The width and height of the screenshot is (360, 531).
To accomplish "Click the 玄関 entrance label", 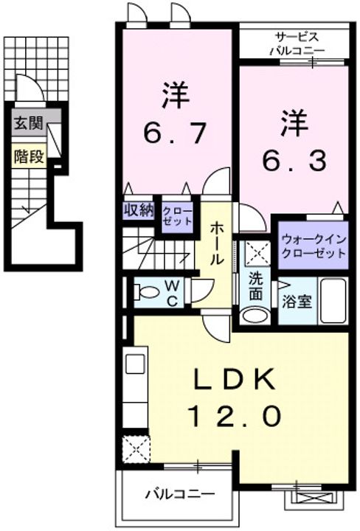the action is point(29,123).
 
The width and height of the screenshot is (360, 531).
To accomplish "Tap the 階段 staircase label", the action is point(29,156).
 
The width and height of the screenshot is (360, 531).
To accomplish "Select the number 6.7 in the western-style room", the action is point(175,133).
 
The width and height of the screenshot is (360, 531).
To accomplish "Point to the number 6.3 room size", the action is point(294,161).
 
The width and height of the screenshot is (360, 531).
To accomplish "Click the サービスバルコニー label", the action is point(297,44).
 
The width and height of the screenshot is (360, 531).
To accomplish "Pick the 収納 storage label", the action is point(138,210).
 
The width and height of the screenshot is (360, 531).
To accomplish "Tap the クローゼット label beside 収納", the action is point(177,215).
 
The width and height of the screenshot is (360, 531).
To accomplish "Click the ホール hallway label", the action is point(217,243).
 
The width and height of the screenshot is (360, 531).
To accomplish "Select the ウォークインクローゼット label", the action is point(314,247).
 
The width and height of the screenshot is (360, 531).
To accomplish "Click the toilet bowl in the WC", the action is point(147,292).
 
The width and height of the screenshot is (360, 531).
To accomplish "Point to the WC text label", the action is point(172,294).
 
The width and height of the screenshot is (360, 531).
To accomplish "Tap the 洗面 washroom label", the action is point(256,286).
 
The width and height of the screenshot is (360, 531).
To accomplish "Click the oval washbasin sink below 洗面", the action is point(255,316).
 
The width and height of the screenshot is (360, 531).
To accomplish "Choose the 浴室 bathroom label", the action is point(297,302).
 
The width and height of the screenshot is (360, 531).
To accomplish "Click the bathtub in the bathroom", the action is point(333,301).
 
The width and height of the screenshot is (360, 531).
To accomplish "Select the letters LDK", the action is point(234,379).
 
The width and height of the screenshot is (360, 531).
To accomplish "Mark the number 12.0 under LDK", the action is point(234,415).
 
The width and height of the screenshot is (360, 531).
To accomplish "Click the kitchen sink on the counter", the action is point(136,364).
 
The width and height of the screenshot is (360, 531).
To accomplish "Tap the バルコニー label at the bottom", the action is point(180,494).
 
